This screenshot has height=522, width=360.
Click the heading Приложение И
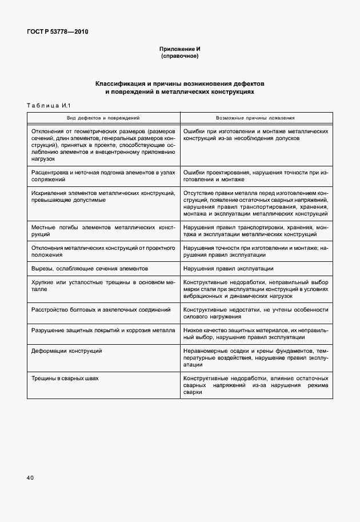pyautogui.click(x=179, y=49)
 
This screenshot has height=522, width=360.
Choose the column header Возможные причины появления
pyautogui.click(x=255, y=118)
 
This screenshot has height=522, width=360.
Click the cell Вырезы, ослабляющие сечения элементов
pyautogui.click(x=90, y=268)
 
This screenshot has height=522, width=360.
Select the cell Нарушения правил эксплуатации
pyautogui.click(x=228, y=268)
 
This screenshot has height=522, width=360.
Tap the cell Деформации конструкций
pyautogui.click(x=66, y=350)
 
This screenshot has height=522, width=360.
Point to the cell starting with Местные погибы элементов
pyautogui.click(x=103, y=231)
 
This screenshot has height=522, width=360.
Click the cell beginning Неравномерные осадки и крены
pyautogui.click(x=255, y=357)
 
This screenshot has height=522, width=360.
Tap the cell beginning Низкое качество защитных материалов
pyautogui.click(x=255, y=334)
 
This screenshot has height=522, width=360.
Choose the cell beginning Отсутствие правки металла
pyautogui.click(x=255, y=204)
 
